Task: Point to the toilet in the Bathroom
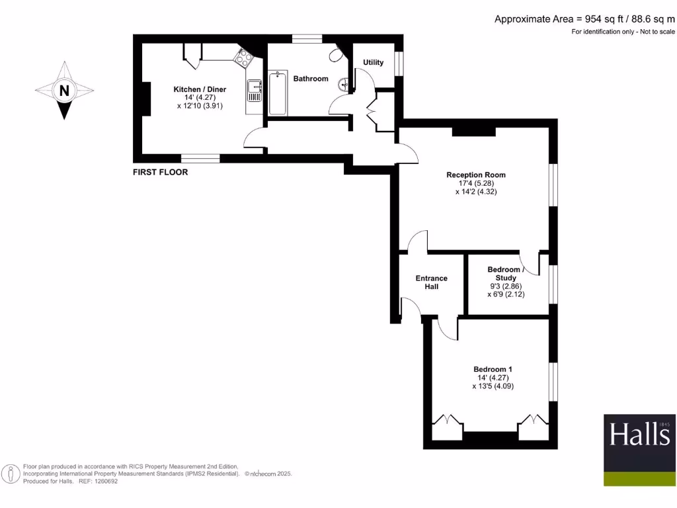click(339, 54)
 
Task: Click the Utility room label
click(374, 63)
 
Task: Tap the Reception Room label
click(475, 175)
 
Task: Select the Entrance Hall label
click(431, 282)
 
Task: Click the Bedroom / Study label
click(506, 274)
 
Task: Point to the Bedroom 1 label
click(493, 369)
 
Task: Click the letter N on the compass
click(64, 91)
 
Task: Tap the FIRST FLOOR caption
click(161, 172)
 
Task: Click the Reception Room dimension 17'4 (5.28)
click(475, 183)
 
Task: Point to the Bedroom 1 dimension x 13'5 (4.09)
click(493, 386)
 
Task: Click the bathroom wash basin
click(343, 85)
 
